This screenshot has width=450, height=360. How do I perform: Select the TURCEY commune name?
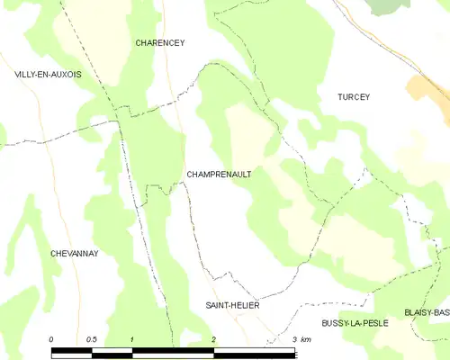pyautogui.click(x=354, y=96)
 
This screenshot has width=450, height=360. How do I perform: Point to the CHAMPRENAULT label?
pyautogui.click(x=219, y=175)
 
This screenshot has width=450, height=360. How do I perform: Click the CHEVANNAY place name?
pyautogui.click(x=74, y=254)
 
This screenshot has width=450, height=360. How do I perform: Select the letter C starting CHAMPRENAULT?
pyautogui.click(x=189, y=175)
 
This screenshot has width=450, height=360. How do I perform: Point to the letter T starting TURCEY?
pyautogui.click(x=340, y=96)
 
